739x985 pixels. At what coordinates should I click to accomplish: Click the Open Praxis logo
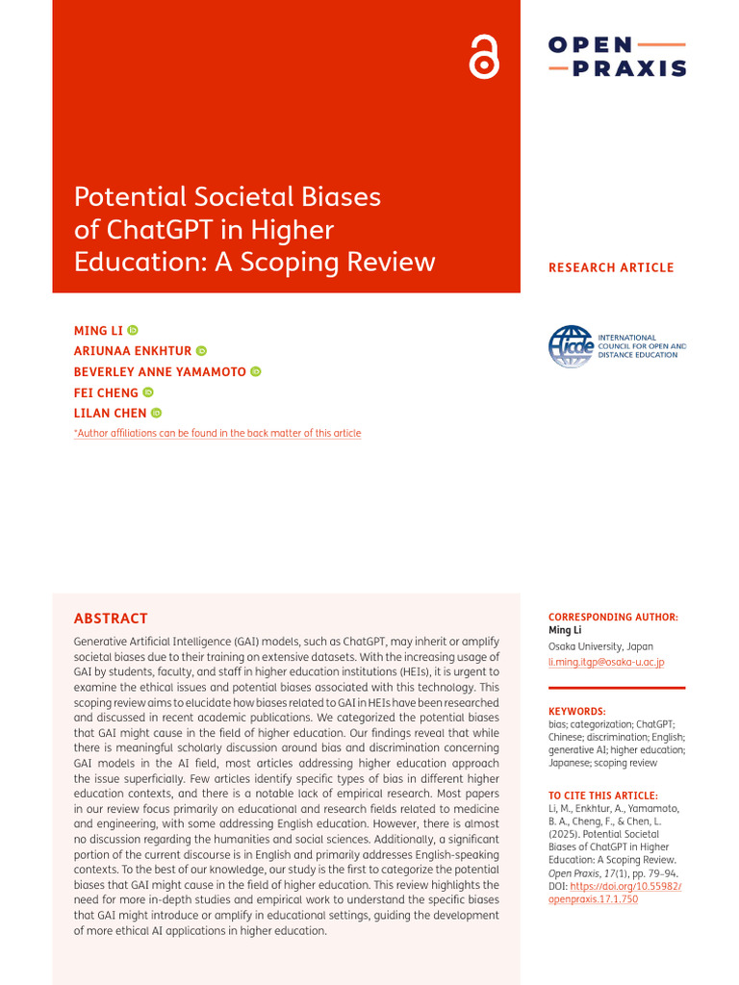(617, 57)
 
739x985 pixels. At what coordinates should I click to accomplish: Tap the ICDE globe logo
(571, 346)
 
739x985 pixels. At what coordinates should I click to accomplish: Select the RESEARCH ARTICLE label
(611, 267)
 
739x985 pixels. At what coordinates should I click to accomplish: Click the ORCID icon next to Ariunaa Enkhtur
(201, 351)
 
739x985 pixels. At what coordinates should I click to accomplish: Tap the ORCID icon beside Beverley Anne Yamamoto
(256, 371)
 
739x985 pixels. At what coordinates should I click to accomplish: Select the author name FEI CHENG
(106, 392)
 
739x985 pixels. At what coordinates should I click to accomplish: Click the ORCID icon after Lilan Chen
(156, 413)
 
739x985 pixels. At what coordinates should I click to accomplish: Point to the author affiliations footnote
(217, 434)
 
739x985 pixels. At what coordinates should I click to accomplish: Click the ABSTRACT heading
(111, 619)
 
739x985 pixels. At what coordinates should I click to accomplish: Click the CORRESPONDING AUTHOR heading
(613, 617)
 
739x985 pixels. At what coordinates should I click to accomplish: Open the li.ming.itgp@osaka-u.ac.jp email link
(606, 662)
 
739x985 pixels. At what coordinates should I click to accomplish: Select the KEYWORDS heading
(577, 711)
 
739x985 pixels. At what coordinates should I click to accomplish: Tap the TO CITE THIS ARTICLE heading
(603, 796)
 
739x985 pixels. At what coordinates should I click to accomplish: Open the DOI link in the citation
(616, 893)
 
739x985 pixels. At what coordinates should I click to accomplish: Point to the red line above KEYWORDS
(617, 688)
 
